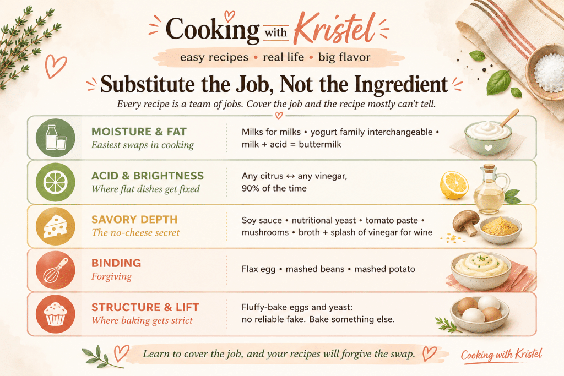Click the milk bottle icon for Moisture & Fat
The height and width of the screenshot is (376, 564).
pos(56,137)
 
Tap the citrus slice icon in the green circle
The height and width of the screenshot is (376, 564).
pos(56,182)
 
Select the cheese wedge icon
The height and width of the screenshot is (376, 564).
pos(56,226)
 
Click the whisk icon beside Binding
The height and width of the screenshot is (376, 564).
pos(56,270)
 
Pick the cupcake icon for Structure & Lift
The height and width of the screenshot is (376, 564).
pos(56,314)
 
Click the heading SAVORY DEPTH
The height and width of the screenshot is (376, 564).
pos(134,219)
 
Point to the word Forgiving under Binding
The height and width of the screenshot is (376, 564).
pos(111,276)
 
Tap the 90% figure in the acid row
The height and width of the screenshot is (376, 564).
pos(251,188)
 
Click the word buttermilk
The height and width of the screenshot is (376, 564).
pos(320,144)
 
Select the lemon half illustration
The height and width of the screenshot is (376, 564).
pos(454,185)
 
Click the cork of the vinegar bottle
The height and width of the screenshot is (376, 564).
pos(489,168)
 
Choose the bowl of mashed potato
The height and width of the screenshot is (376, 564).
pos(481,270)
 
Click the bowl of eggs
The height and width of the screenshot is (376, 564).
pos(480,313)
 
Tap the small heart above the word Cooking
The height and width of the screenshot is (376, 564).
pos(230,15)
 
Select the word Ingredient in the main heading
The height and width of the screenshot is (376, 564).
pos(401,84)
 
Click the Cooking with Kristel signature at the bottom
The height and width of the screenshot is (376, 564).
pos(501,355)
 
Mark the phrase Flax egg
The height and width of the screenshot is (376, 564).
pos(259,269)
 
